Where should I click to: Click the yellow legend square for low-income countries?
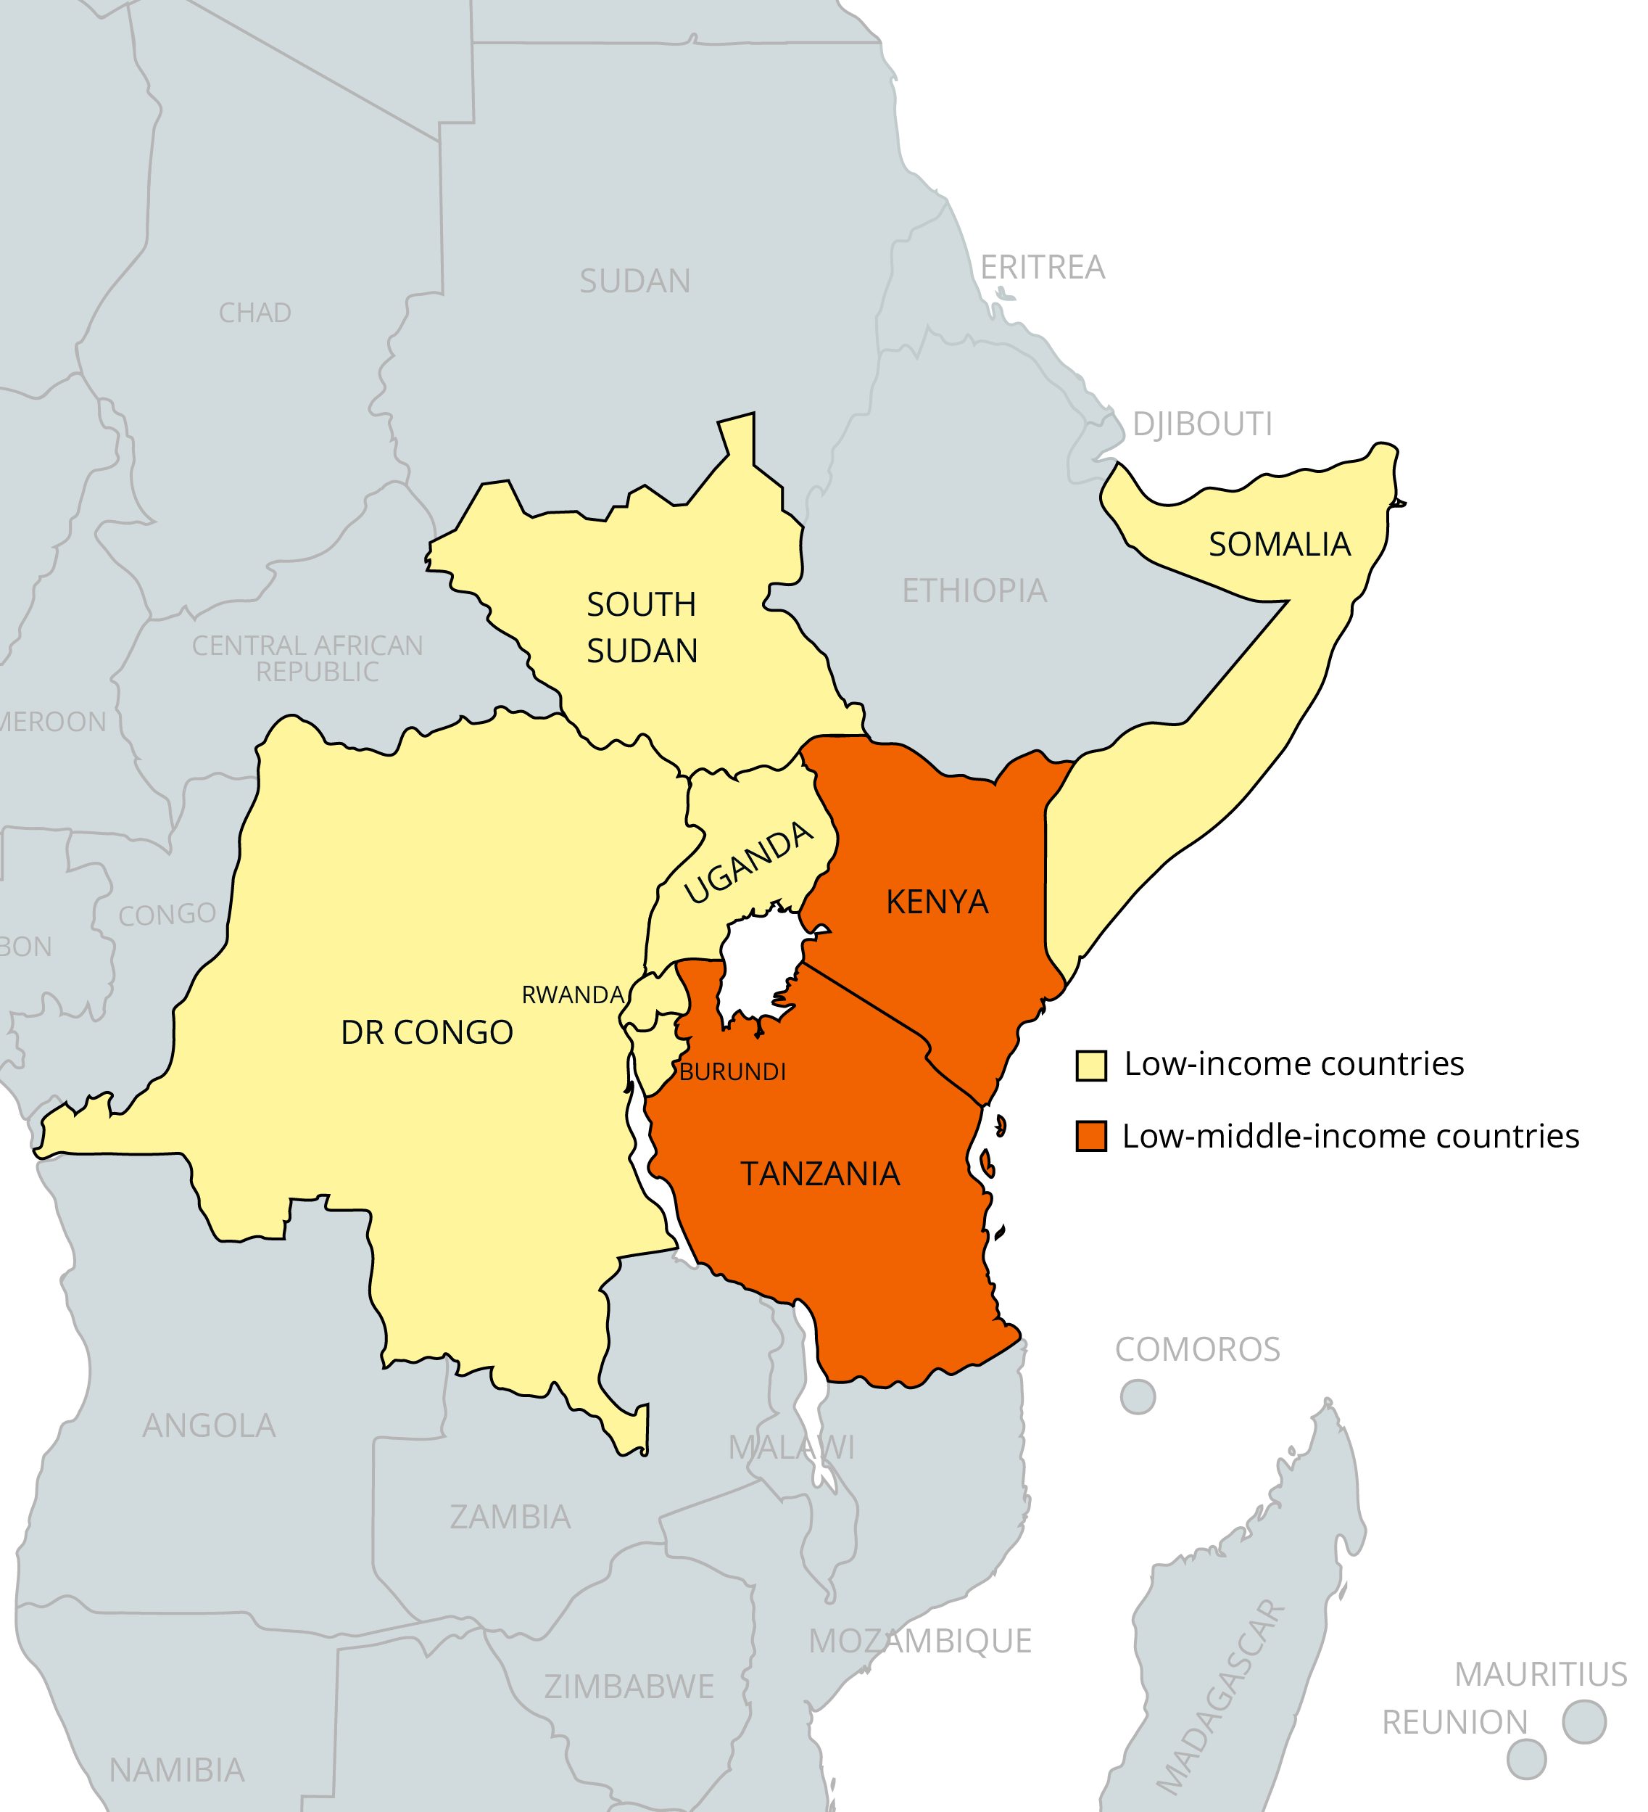1091,1065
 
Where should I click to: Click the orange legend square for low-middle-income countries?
1091,1136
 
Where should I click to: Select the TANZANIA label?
819,1174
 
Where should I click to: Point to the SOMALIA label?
1279,544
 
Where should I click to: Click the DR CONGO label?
427,1033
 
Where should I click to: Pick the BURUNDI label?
732,1071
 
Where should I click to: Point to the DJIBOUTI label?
1201,424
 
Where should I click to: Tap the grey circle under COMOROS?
1137,1397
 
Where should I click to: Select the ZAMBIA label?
510,1517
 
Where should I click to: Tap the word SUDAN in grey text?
634,281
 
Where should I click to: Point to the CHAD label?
255,313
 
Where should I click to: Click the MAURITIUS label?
1540,1674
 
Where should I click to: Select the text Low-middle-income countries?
1350,1136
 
